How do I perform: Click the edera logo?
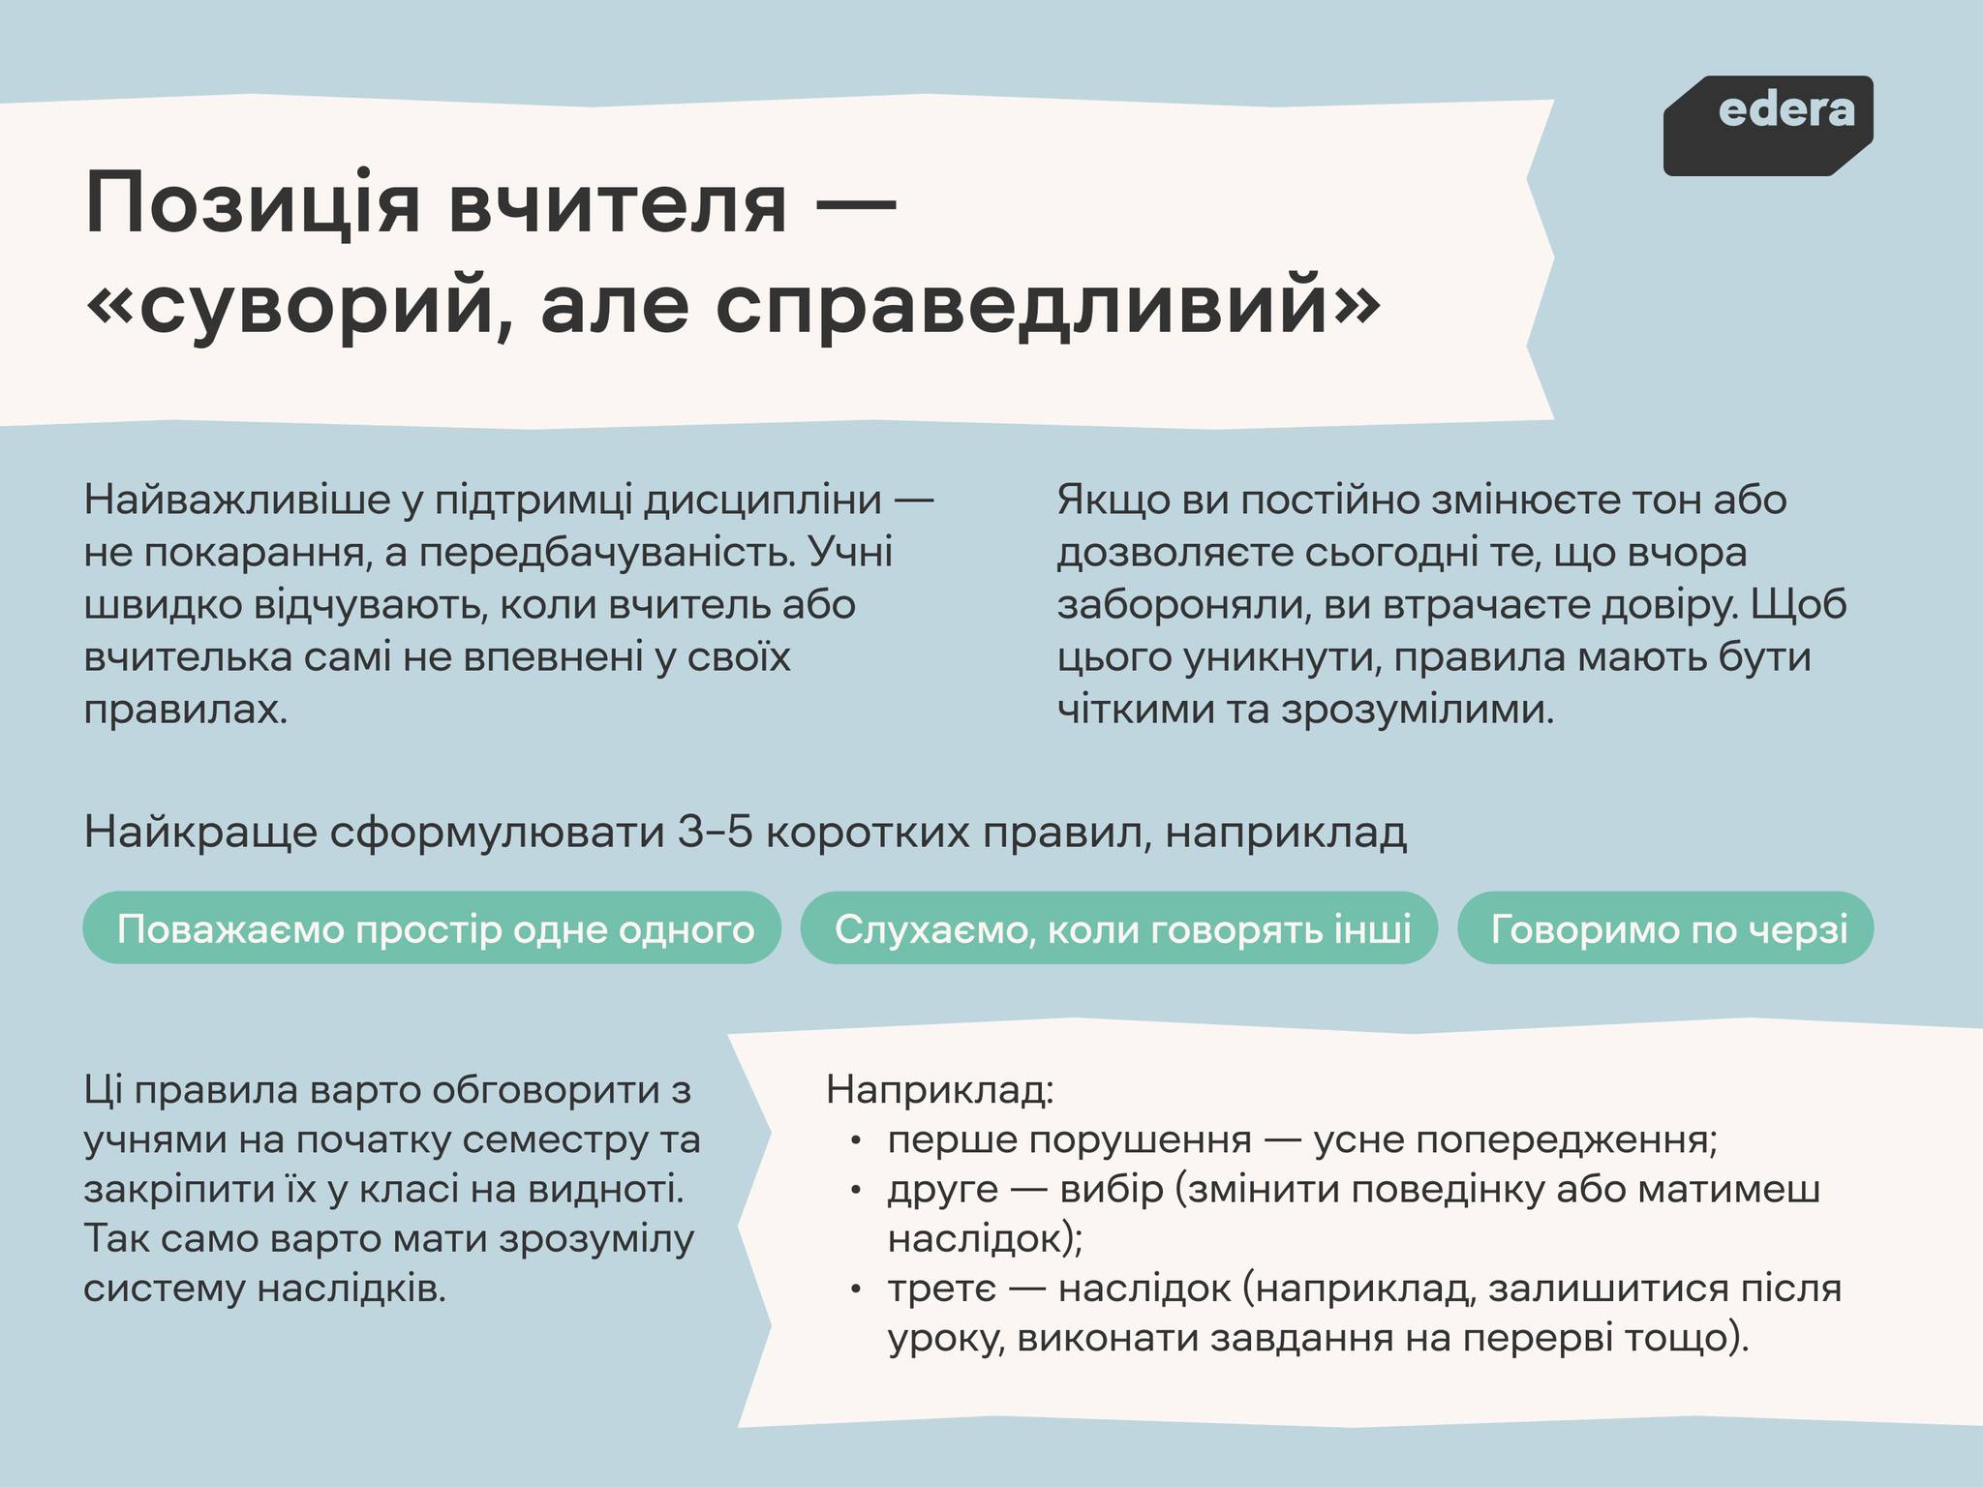(x=1768, y=126)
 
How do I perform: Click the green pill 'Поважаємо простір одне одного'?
(x=432, y=928)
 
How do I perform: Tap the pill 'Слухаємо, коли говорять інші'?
(x=1119, y=928)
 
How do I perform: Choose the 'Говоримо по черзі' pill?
(x=1665, y=928)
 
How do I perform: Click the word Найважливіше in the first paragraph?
(x=241, y=501)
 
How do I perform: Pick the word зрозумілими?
(x=1418, y=710)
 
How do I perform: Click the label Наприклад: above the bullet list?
(x=939, y=1090)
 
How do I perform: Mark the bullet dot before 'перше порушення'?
(x=856, y=1142)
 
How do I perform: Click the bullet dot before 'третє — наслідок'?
(x=856, y=1291)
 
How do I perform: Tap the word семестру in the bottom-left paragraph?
(x=551, y=1140)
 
